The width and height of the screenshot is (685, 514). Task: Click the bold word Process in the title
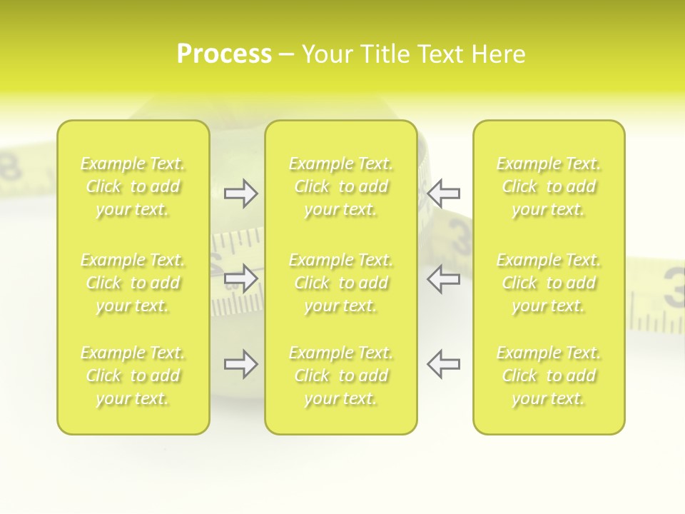(224, 54)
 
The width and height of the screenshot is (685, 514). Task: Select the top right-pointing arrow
(241, 193)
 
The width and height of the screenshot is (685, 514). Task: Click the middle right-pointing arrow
(241, 278)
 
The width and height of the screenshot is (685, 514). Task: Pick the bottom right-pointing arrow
(241, 364)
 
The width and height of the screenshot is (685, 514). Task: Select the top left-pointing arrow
(443, 193)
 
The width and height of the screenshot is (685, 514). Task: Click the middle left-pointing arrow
(443, 278)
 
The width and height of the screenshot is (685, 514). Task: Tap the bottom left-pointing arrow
(443, 364)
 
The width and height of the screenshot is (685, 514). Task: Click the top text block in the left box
(133, 186)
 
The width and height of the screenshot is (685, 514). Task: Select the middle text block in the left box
(133, 283)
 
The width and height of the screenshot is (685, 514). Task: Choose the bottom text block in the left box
(133, 376)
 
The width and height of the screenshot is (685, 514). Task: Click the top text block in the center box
(341, 186)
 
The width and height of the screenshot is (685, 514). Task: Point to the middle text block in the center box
(341, 283)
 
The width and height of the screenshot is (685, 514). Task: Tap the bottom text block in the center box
(341, 376)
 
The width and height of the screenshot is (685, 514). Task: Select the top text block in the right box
(549, 186)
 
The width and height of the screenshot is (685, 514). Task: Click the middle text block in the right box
(549, 283)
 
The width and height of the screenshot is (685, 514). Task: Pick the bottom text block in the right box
(549, 376)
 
